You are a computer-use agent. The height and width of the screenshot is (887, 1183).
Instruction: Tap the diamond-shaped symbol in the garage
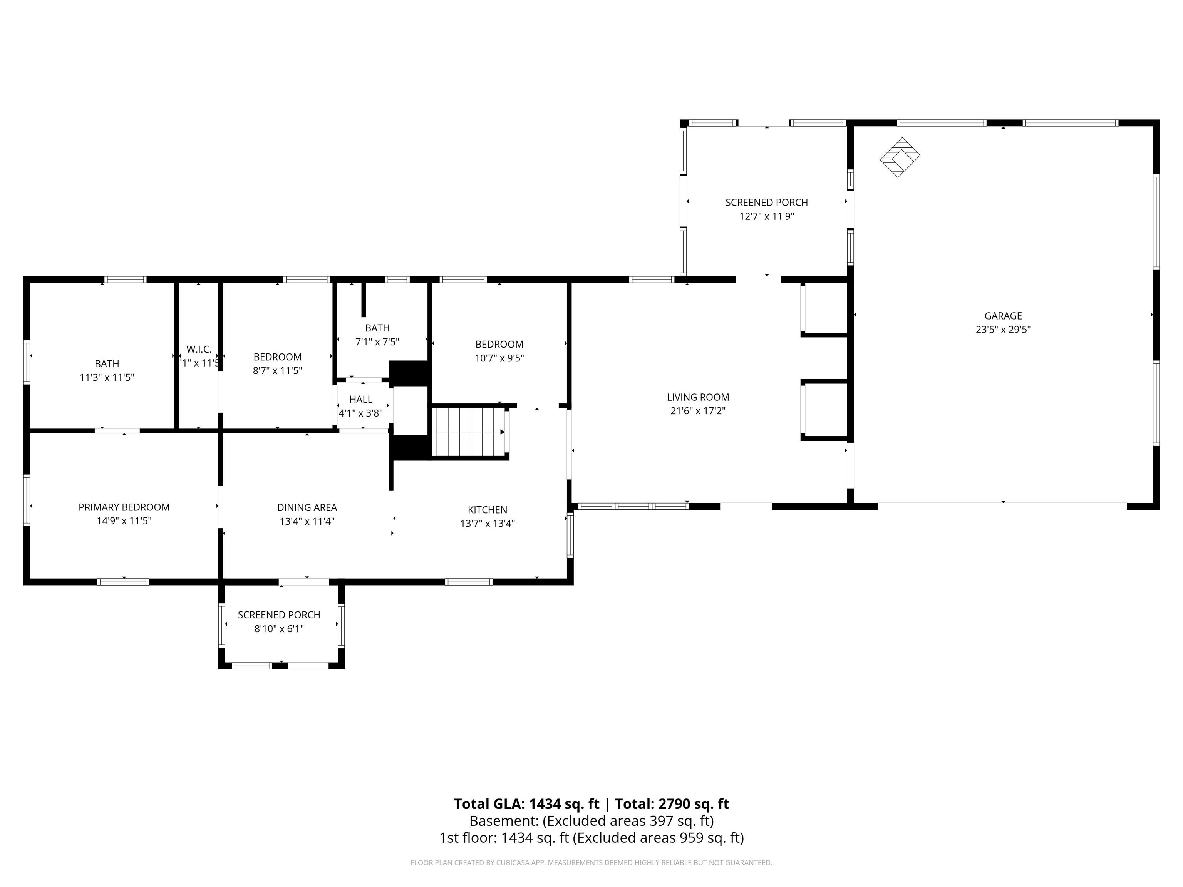900,157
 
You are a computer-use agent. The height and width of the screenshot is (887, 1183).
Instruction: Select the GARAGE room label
1003,316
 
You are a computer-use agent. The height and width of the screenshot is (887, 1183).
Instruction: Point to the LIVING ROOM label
698,397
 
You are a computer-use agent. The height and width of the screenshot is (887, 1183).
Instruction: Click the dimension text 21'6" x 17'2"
698,411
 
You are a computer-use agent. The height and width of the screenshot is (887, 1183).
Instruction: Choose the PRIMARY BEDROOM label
124,507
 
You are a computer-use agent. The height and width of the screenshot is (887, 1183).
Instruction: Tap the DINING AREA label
307,507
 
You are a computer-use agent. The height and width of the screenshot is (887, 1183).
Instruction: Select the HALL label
361,399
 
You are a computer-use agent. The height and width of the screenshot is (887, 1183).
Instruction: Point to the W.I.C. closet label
199,350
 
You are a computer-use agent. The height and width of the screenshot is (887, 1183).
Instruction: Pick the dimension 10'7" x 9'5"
499,358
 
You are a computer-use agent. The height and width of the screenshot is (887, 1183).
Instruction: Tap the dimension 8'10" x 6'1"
279,629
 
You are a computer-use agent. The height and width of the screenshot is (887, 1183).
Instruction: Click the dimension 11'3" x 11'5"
107,377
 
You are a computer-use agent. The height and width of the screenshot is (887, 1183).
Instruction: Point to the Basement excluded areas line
591,821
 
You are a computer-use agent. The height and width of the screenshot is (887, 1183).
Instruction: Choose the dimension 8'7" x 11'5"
278,370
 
